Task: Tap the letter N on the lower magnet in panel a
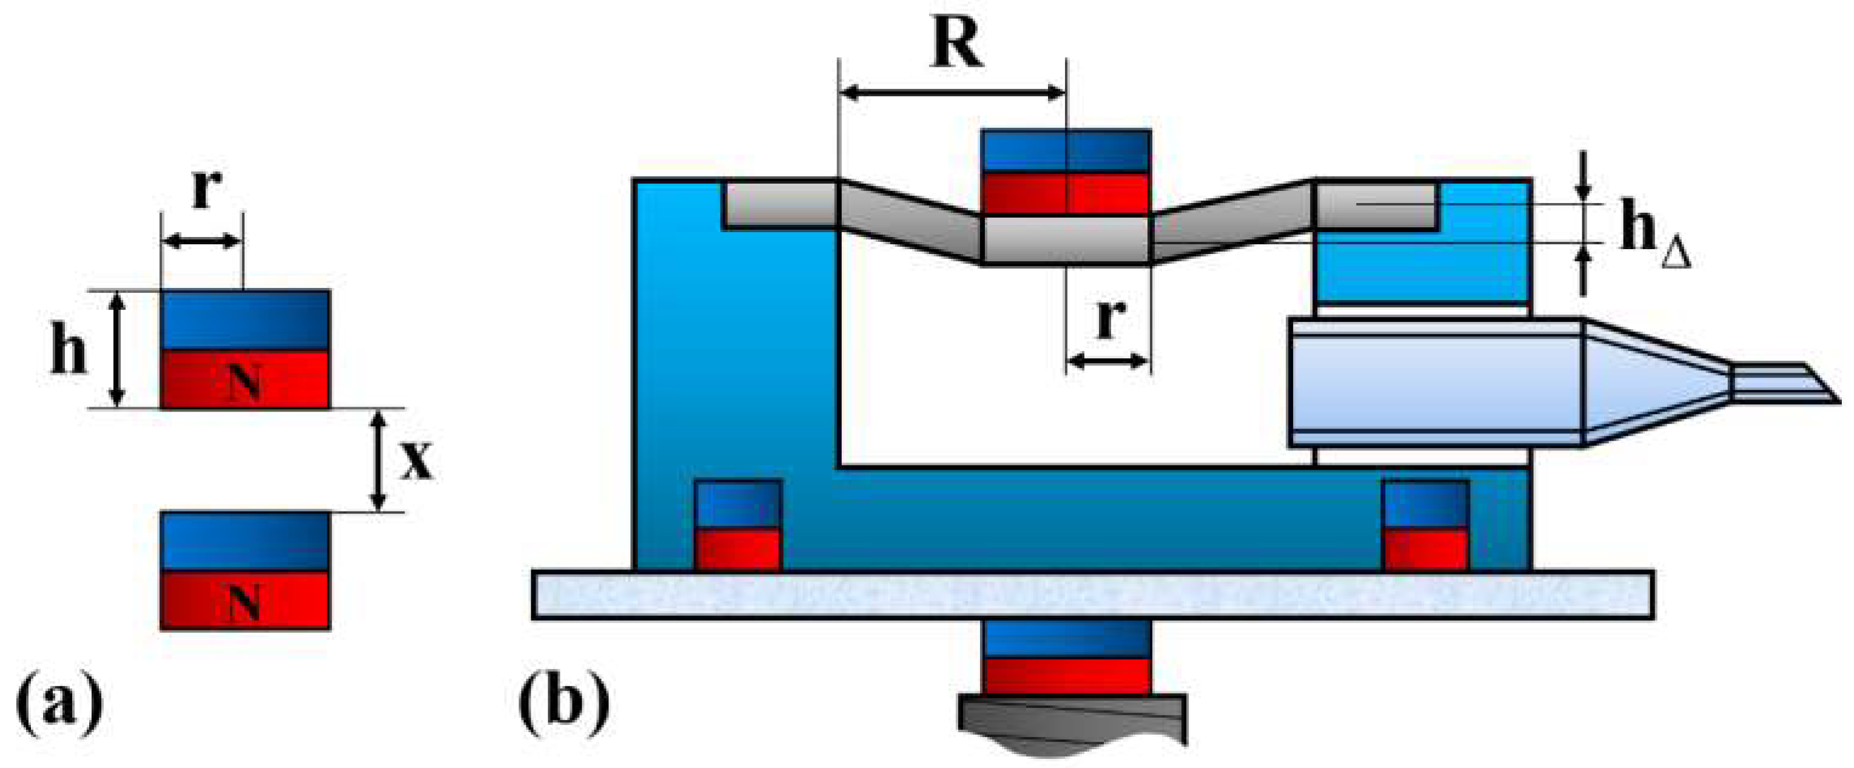244,602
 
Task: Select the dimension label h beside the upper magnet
69,352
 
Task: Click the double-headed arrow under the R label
953,92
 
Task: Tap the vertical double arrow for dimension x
378,460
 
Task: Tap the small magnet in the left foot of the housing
737,525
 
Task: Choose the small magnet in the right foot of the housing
1426,525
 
